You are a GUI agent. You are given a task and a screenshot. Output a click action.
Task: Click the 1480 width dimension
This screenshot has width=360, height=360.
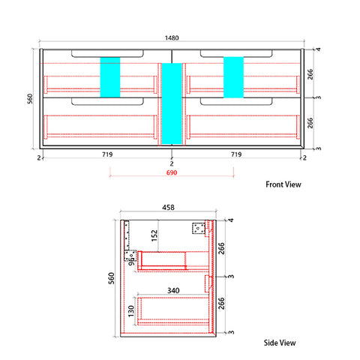(172, 38)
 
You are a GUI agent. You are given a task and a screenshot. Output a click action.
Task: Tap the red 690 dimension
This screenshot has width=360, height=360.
(172, 172)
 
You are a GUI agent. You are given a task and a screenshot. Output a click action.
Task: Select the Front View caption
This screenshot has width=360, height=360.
(283, 184)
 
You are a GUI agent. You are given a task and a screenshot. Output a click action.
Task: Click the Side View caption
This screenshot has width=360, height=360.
(280, 343)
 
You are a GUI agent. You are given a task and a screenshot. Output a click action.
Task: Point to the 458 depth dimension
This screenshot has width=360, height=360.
(168, 208)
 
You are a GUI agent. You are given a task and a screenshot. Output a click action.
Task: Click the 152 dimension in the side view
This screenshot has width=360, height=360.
(154, 235)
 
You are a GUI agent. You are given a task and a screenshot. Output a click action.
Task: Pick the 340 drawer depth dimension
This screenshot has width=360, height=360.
(173, 290)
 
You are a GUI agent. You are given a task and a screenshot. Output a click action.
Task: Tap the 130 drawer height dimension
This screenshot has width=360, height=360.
(131, 310)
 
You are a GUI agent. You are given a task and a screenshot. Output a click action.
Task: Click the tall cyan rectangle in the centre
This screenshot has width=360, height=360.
(172, 103)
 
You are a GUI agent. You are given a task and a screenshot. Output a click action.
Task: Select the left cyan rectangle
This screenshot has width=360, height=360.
(110, 77)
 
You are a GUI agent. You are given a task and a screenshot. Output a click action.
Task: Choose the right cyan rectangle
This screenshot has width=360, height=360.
(233, 77)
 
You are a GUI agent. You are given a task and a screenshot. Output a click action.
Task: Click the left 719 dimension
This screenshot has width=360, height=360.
(107, 154)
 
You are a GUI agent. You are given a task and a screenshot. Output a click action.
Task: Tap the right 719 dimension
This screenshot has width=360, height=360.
(236, 154)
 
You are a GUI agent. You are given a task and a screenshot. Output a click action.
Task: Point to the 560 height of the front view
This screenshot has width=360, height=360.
(30, 98)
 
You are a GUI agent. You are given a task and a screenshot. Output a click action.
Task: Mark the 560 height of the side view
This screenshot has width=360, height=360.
(112, 278)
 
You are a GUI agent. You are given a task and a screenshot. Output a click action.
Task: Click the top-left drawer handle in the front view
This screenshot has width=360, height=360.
(107, 54)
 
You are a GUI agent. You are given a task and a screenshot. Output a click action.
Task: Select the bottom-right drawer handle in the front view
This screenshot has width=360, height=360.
(236, 102)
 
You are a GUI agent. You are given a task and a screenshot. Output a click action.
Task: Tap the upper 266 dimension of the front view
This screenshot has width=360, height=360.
(310, 74)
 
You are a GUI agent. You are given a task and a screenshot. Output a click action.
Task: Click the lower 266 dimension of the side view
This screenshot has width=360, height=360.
(221, 303)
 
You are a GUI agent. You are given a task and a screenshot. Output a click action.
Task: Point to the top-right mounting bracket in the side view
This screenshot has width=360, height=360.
(199, 228)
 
